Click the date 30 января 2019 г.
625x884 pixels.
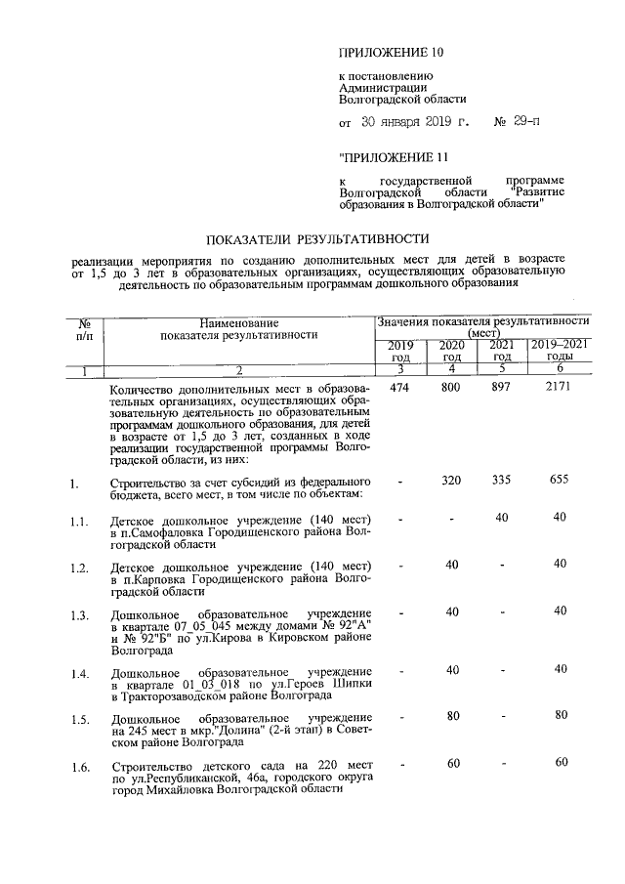pyautogui.click(x=415, y=124)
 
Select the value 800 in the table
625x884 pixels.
pyautogui.click(x=450, y=389)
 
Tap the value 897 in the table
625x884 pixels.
pyautogui.click(x=501, y=389)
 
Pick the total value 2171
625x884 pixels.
pyautogui.click(x=560, y=389)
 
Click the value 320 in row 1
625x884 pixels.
pyautogui.click(x=450, y=482)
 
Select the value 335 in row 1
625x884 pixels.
pyautogui.click(x=501, y=482)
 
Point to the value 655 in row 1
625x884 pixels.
pyautogui.click(x=560, y=482)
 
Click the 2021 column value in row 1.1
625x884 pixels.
pyautogui.click(x=501, y=517)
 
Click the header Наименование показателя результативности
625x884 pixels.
pyautogui.click(x=239, y=328)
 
